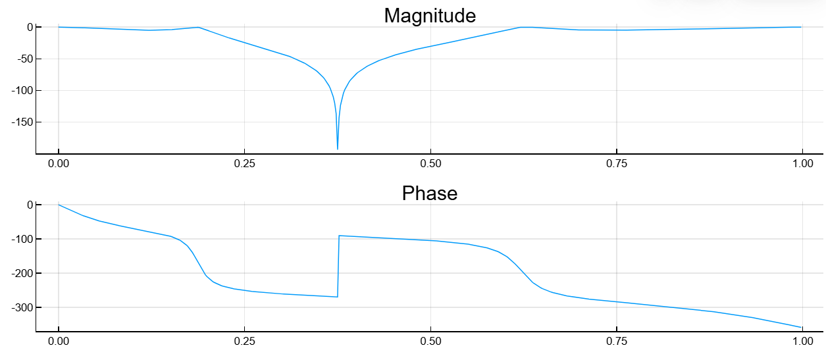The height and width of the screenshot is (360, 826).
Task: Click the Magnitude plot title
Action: tap(430, 16)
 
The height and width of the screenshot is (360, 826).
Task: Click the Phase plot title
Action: tap(430, 193)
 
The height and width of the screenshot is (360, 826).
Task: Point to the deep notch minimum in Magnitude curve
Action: tap(338, 149)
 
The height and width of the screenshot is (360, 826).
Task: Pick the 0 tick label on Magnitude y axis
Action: tap(30, 27)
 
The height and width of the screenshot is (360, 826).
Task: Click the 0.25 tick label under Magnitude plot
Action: tap(244, 163)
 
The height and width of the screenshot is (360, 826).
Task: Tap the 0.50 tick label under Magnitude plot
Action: tap(430, 163)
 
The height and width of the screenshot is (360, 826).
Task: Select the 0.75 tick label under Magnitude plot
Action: tap(616, 163)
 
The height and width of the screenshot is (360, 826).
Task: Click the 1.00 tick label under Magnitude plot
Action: tap(802, 163)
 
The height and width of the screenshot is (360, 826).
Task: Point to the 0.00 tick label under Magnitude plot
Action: tap(59, 163)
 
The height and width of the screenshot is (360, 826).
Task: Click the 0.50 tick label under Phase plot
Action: tap(430, 341)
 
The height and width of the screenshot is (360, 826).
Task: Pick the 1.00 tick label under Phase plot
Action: tap(802, 341)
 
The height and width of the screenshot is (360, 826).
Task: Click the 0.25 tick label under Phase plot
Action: tap(244, 341)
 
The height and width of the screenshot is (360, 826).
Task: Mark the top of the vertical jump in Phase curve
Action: tap(339, 236)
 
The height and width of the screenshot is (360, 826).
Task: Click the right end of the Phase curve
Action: tap(802, 327)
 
